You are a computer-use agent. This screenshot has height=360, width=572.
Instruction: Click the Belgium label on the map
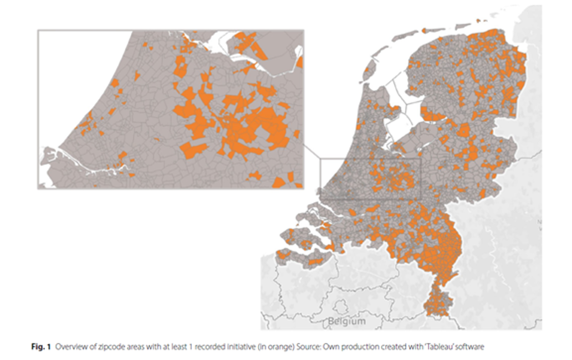click(346, 321)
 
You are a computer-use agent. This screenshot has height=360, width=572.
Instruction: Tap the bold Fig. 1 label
click(40, 347)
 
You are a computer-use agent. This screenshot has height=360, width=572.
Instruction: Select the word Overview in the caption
click(69, 347)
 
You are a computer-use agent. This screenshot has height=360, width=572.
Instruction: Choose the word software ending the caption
click(471, 347)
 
